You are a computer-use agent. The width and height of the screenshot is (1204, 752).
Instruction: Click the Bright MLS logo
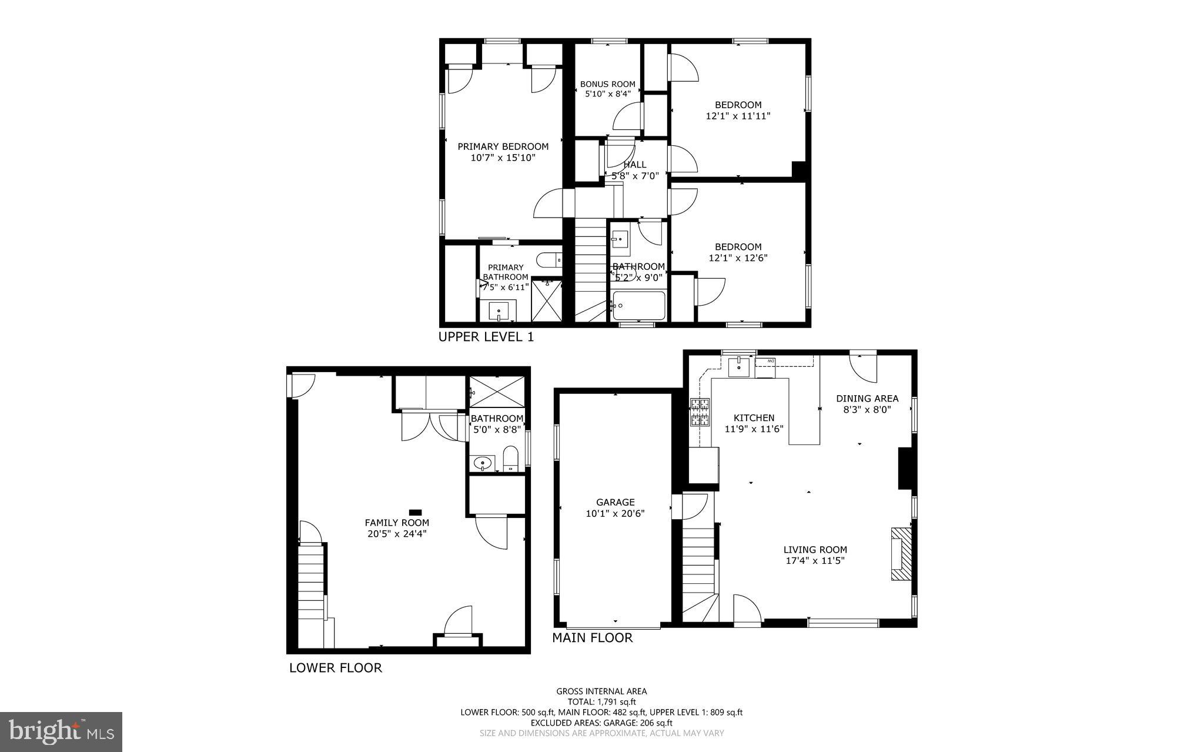[61, 731]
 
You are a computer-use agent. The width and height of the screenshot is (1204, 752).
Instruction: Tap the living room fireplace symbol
[901, 554]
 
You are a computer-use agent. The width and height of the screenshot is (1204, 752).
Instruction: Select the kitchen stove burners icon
[700, 412]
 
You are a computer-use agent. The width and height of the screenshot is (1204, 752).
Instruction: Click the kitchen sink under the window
[737, 367]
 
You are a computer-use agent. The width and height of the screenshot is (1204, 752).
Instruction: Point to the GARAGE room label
[615, 502]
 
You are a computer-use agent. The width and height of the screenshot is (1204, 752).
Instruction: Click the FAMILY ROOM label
[397, 523]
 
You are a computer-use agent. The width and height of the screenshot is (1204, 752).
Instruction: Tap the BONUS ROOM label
[607, 84]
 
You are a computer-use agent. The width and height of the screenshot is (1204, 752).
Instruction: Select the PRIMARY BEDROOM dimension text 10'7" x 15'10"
[503, 158]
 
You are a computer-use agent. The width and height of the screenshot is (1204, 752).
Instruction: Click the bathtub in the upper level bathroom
[638, 306]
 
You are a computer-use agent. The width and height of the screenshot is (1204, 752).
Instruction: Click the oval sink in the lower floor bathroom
[483, 463]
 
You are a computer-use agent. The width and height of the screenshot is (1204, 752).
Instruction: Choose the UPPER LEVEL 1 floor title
[486, 337]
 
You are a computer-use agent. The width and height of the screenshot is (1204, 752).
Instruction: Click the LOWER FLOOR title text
[335, 668]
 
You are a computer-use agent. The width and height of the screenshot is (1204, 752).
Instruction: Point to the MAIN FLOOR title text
[592, 638]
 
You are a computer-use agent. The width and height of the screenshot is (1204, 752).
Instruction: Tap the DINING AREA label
[867, 399]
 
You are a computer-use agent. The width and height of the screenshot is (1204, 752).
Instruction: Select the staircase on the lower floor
[312, 582]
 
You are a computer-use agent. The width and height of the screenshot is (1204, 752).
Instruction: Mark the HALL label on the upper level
[635, 165]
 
